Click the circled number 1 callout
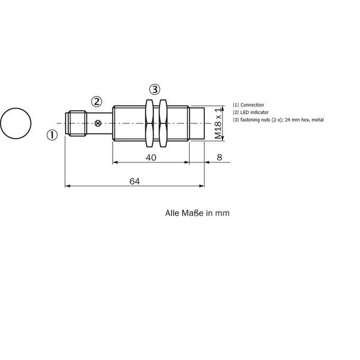pyautogui.click(x=52, y=135)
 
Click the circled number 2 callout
pyautogui.click(x=96, y=102)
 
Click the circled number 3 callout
pyautogui.click(x=155, y=89)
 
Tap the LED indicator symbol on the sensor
pyautogui.click(x=98, y=123)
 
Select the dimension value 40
pyautogui.click(x=151, y=158)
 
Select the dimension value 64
pyautogui.click(x=134, y=182)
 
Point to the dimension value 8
pyautogui.click(x=220, y=157)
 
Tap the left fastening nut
pyautogui.click(x=149, y=123)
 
